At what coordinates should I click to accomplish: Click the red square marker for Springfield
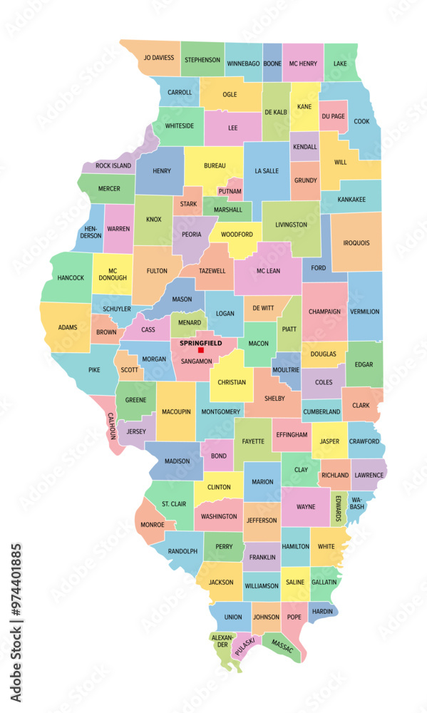pyautogui.click(x=201, y=350)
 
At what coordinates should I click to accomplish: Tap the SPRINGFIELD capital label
pyautogui.click(x=201, y=343)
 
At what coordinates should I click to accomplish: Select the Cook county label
pyautogui.click(x=361, y=121)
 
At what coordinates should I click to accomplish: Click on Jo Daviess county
pyautogui.click(x=158, y=58)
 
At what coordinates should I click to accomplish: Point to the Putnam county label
pyautogui.click(x=230, y=192)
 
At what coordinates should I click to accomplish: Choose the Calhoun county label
pyautogui.click(x=112, y=426)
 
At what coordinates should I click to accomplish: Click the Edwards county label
pyautogui.click(x=339, y=507)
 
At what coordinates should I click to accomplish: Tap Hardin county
pyautogui.click(x=323, y=611)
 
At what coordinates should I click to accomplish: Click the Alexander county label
pyautogui.click(x=222, y=640)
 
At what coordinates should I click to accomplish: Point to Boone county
pyautogui.click(x=272, y=63)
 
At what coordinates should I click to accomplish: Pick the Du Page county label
pyautogui.click(x=333, y=116)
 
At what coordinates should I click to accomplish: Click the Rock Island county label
pyautogui.click(x=113, y=165)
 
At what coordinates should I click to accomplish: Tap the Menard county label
pyautogui.click(x=188, y=322)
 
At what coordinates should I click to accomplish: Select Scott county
pyautogui.click(x=129, y=369)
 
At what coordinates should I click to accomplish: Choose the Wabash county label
pyautogui.click(x=356, y=503)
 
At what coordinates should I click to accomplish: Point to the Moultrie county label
pyautogui.click(x=286, y=370)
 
